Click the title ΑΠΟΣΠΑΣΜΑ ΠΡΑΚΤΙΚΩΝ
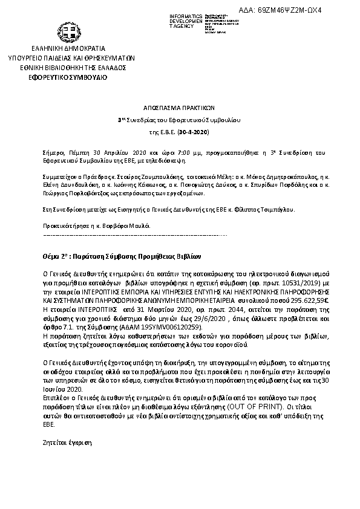[179, 104]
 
